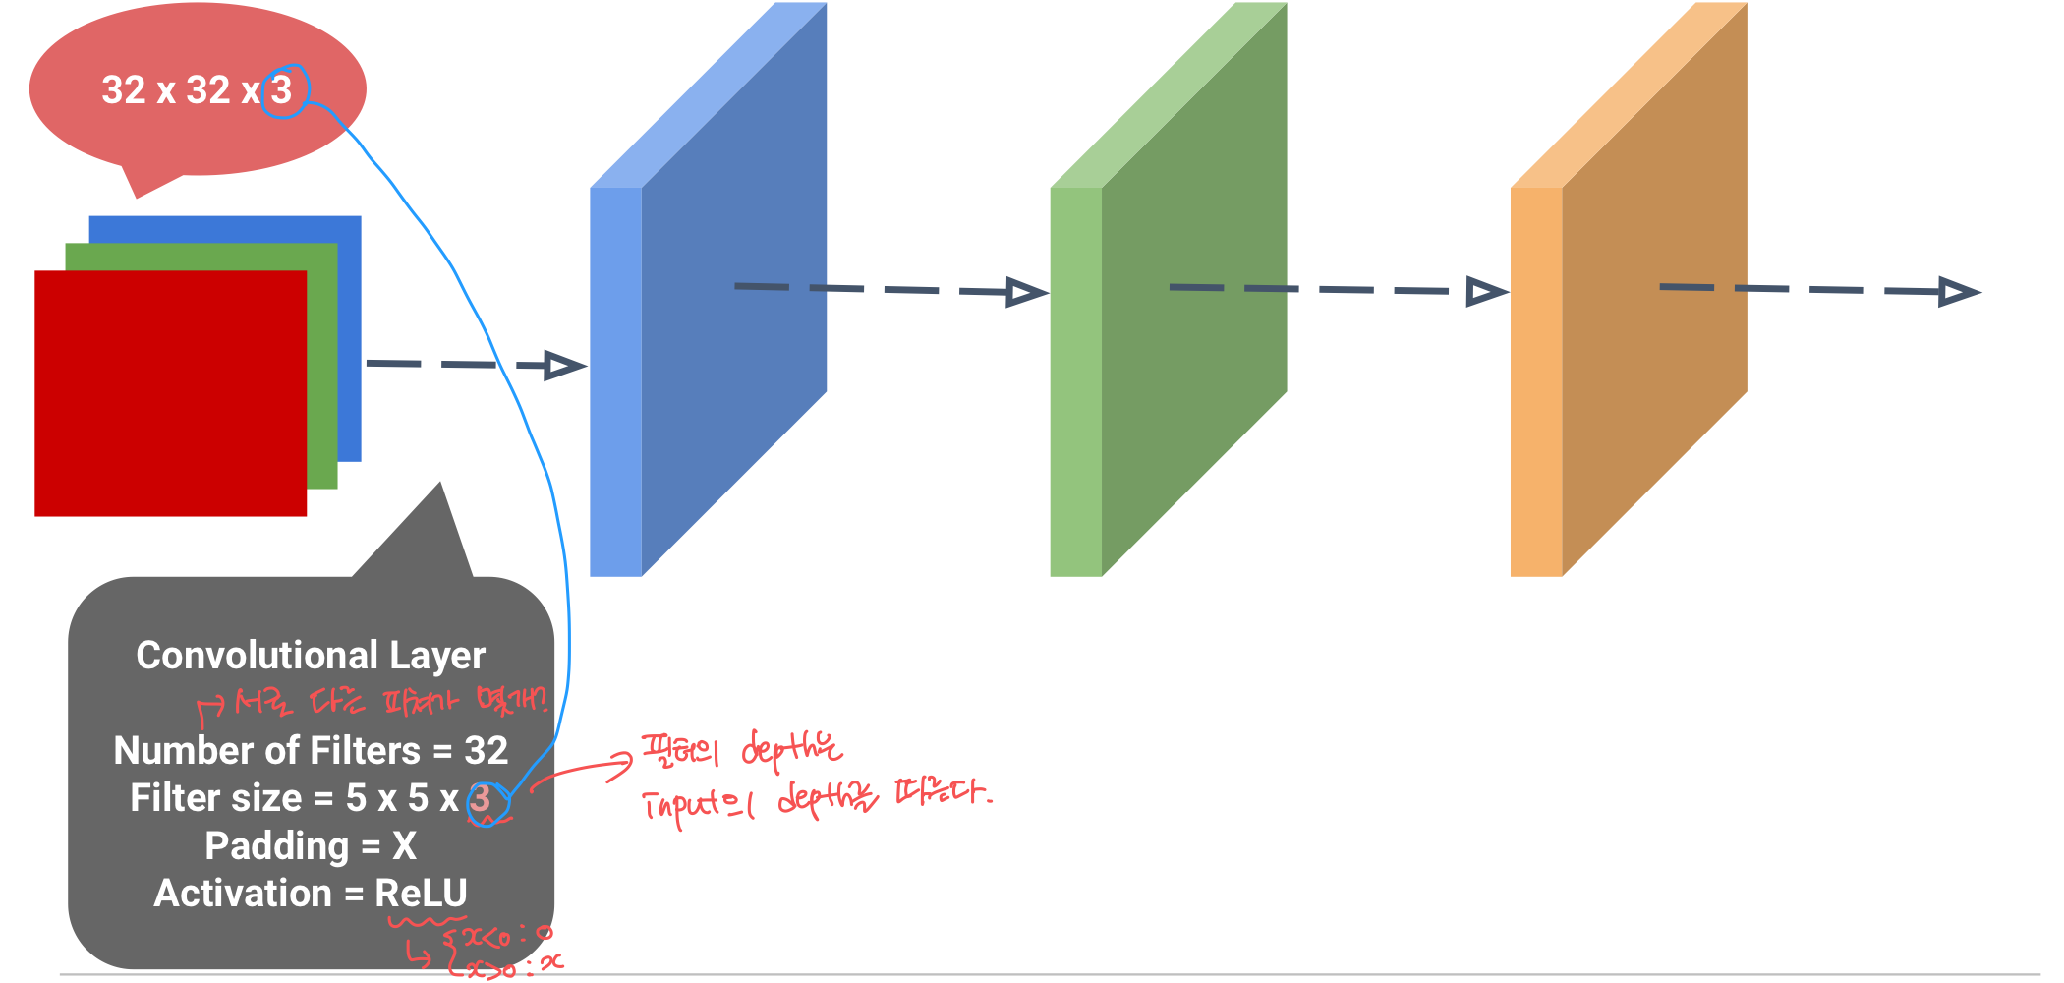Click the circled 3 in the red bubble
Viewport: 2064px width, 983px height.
pyautogui.click(x=283, y=90)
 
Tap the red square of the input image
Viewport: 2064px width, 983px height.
pyautogui.click(x=170, y=393)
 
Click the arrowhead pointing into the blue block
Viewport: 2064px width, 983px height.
pyautogui.click(x=564, y=366)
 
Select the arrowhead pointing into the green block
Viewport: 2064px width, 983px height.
pyautogui.click(x=1026, y=292)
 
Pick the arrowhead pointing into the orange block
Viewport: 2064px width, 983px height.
pyautogui.click(x=1485, y=292)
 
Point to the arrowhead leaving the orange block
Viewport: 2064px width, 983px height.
pyautogui.click(x=1958, y=292)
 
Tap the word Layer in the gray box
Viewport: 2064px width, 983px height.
pyautogui.click(x=437, y=657)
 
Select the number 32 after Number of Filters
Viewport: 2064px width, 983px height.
pyautogui.click(x=486, y=751)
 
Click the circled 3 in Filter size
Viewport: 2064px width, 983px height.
pyautogui.click(x=481, y=799)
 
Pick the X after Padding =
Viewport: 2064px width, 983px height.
pyautogui.click(x=404, y=846)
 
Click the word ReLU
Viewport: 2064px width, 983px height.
pyautogui.click(x=421, y=894)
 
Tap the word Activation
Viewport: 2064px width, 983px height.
pyautogui.click(x=243, y=894)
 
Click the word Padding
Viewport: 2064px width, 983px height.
pyautogui.click(x=277, y=846)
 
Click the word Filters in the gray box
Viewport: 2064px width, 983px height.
pyautogui.click(x=365, y=751)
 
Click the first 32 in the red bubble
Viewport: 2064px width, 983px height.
pyautogui.click(x=124, y=90)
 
